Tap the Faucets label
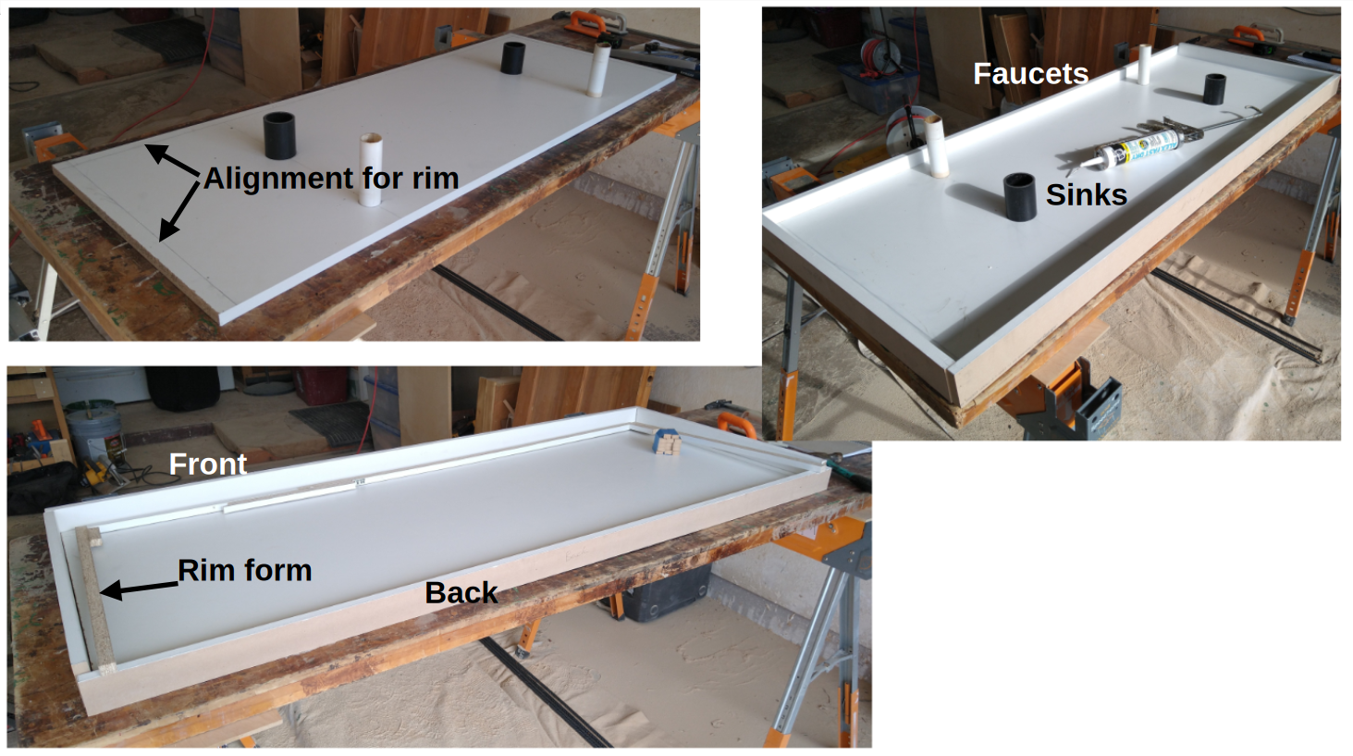coord(1031,74)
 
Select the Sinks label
coord(1087,194)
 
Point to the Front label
coord(208,465)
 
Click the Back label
coord(461,592)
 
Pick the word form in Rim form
coord(277,570)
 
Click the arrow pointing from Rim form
coord(139,589)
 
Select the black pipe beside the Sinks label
coord(1020,197)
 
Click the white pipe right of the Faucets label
coord(1143,64)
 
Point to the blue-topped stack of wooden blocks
coord(666,441)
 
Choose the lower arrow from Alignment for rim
coord(178,211)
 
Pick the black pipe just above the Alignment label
coord(279,135)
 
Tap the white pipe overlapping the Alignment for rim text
coord(371,170)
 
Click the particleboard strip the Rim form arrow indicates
coord(96,601)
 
